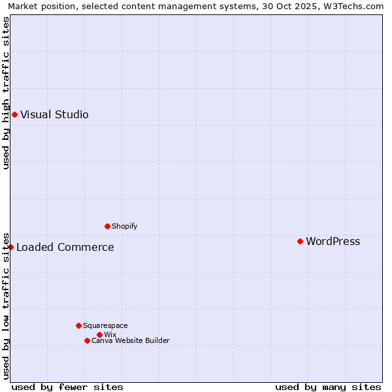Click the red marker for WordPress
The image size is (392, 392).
click(x=300, y=241)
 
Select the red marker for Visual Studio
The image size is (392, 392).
click(x=14, y=114)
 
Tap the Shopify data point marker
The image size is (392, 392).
click(x=107, y=226)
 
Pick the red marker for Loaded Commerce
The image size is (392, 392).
click(x=11, y=247)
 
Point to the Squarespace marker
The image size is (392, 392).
click(x=78, y=325)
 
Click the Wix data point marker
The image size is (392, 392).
click(x=99, y=335)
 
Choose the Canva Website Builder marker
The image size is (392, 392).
click(x=87, y=340)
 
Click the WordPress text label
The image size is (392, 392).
click(x=333, y=241)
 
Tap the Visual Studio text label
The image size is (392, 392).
click(x=54, y=114)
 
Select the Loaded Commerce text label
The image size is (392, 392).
click(x=65, y=247)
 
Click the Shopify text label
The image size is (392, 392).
click(x=124, y=226)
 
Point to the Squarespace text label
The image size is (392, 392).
click(x=105, y=325)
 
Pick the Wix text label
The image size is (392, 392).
click(x=110, y=335)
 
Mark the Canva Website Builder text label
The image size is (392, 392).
click(x=130, y=340)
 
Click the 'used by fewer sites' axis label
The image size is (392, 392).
click(x=67, y=387)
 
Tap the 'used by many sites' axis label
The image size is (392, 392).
click(x=328, y=387)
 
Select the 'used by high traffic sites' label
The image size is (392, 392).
click(x=6, y=93)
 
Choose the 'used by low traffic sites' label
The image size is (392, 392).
click(x=6, y=305)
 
